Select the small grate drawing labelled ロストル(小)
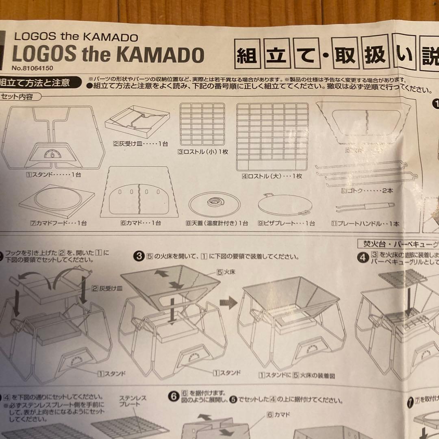click(202, 125)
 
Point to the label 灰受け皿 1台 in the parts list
click(140, 143)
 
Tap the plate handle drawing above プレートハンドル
click(365, 207)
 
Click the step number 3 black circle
click(139, 256)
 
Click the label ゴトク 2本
click(367, 190)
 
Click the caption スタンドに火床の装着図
click(297, 376)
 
